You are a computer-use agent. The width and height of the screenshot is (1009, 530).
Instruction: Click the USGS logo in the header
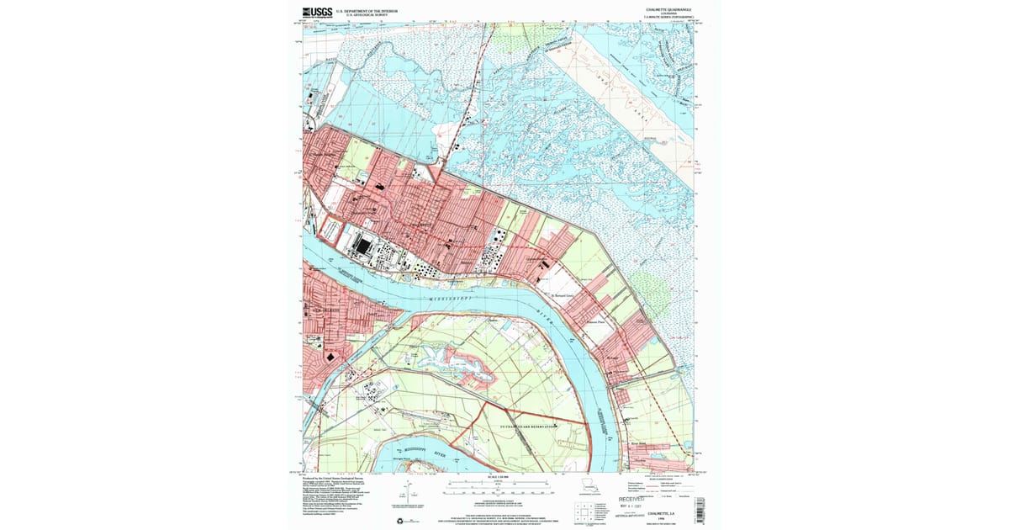[x=317, y=12]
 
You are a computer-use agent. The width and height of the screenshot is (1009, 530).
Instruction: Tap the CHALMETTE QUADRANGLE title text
[x=668, y=9]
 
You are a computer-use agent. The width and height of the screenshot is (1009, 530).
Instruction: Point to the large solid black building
[x=362, y=246]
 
